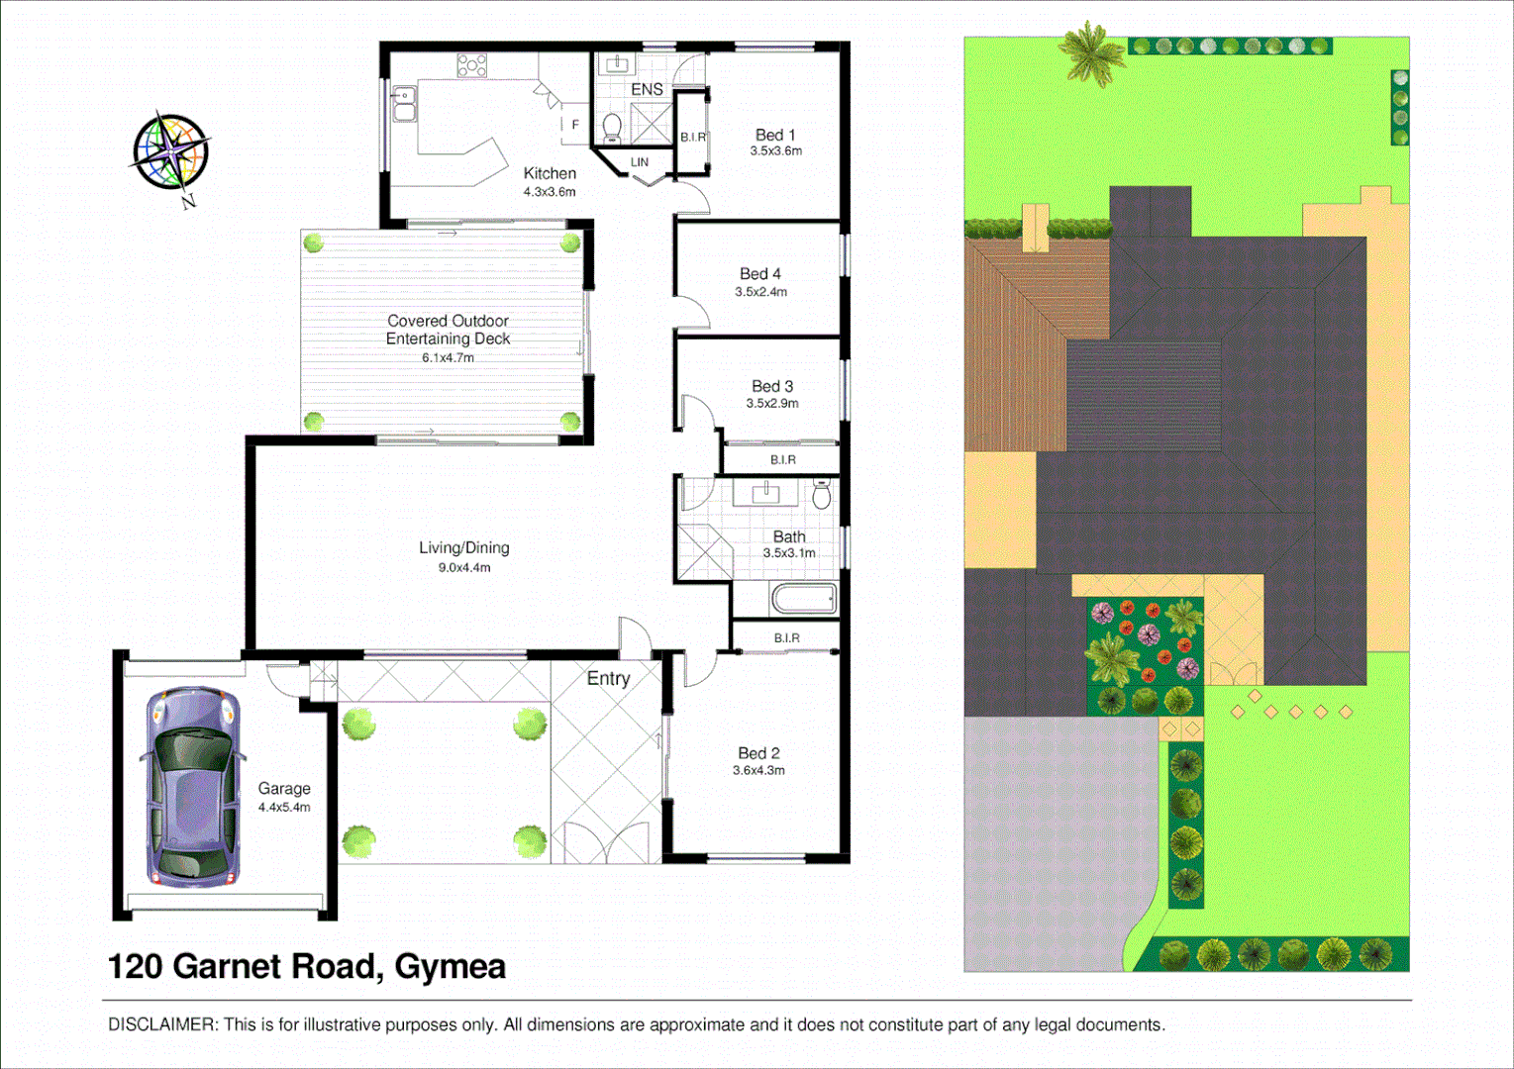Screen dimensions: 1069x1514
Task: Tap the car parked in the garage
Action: click(194, 787)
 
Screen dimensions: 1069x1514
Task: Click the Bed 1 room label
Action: click(774, 135)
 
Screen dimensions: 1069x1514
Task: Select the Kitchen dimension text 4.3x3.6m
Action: click(550, 192)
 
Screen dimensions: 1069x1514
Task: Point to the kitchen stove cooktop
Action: click(471, 65)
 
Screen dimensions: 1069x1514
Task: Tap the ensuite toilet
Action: click(612, 128)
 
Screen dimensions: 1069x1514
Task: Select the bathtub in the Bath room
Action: click(803, 599)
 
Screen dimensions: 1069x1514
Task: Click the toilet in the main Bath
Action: click(821, 494)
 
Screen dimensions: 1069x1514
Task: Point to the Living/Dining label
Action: click(463, 547)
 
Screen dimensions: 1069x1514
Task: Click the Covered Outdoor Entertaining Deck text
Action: click(448, 330)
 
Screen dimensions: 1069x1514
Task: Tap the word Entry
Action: click(608, 678)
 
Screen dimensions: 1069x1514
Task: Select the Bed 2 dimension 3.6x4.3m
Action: click(758, 770)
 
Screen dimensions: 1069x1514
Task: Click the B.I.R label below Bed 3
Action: click(782, 459)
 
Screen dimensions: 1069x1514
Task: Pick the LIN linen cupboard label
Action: click(640, 162)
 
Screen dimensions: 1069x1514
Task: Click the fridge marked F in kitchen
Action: click(574, 125)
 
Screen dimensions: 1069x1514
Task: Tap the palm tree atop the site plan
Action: click(1091, 52)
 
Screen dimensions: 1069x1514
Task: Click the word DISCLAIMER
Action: click(161, 1024)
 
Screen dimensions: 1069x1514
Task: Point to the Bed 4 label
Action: click(759, 273)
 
